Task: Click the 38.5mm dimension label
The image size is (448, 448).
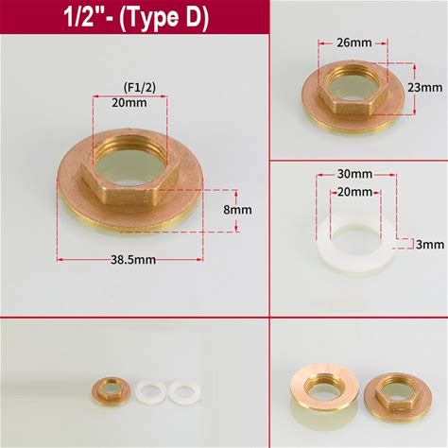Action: pos(133,260)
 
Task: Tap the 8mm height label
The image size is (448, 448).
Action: pos(237,210)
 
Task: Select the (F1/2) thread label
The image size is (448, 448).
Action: pos(139,87)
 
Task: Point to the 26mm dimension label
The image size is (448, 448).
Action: pos(354,43)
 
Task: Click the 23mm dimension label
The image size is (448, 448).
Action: pos(425,87)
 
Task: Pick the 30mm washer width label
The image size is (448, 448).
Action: pos(354,174)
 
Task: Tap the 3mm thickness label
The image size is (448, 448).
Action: pos(430,245)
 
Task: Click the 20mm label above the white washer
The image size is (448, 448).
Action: pos(354,192)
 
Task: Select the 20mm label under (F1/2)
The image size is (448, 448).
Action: pos(129,103)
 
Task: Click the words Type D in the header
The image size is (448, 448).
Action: pos(164,17)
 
